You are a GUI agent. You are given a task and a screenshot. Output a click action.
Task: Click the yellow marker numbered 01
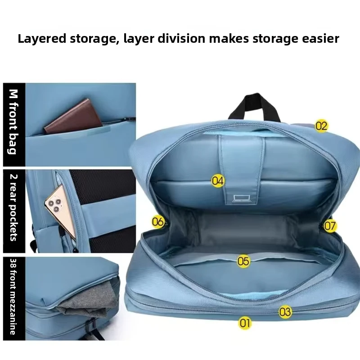(244, 323)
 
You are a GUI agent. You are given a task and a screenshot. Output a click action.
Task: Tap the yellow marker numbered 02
(321, 126)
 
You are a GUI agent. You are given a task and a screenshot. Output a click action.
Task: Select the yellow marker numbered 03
(285, 312)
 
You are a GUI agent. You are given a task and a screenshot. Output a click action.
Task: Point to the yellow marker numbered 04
(218, 181)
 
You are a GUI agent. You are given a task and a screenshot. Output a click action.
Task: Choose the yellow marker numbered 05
(243, 261)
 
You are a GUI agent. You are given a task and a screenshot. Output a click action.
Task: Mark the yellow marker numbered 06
(158, 222)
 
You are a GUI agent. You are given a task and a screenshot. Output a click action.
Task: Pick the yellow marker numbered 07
(330, 226)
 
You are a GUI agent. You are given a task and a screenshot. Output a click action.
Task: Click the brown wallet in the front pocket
(73, 117)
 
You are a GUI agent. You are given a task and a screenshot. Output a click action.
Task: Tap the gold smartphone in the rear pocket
(61, 211)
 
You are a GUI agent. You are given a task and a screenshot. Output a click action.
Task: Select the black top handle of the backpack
(254, 106)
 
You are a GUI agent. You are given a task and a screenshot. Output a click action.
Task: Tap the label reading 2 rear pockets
(13, 207)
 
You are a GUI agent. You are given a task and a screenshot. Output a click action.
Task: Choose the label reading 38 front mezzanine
(13, 297)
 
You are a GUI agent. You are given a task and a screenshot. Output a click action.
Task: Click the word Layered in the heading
(42, 39)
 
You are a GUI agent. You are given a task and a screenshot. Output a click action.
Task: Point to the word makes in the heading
(229, 38)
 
